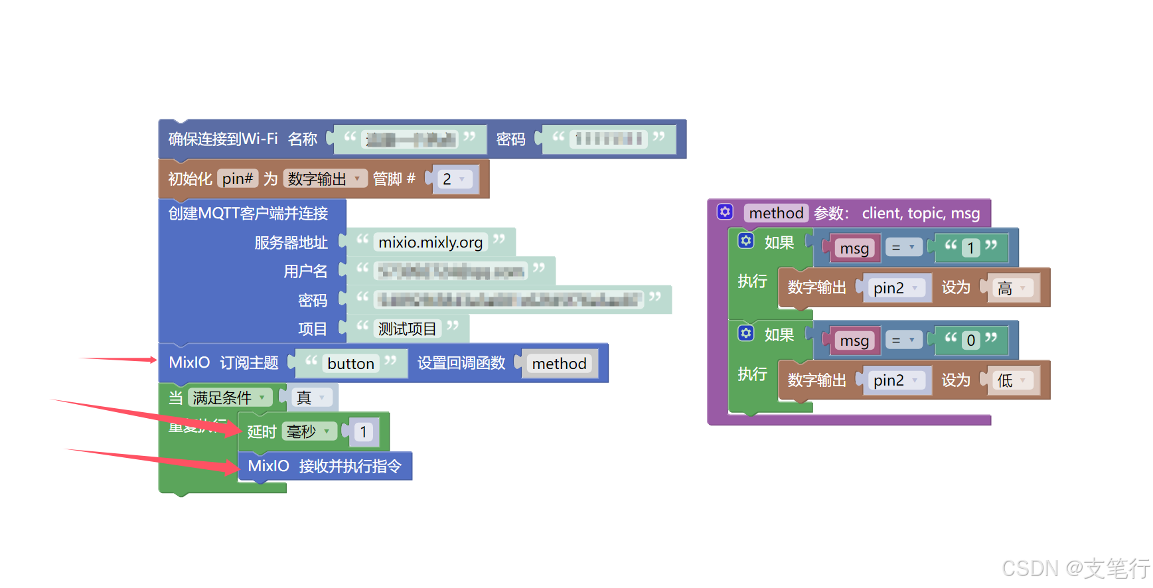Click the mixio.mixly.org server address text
[430, 242]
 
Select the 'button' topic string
[350, 364]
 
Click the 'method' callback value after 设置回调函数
[559, 364]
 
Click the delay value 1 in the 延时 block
[363, 432]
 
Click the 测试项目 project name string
[407, 329]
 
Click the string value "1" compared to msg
[970, 248]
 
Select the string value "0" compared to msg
[970, 340]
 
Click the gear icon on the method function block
[725, 212]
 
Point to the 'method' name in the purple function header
[776, 213]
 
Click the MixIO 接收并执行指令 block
[325, 466]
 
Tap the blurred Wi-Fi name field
[411, 139]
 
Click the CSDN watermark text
[1075, 568]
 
